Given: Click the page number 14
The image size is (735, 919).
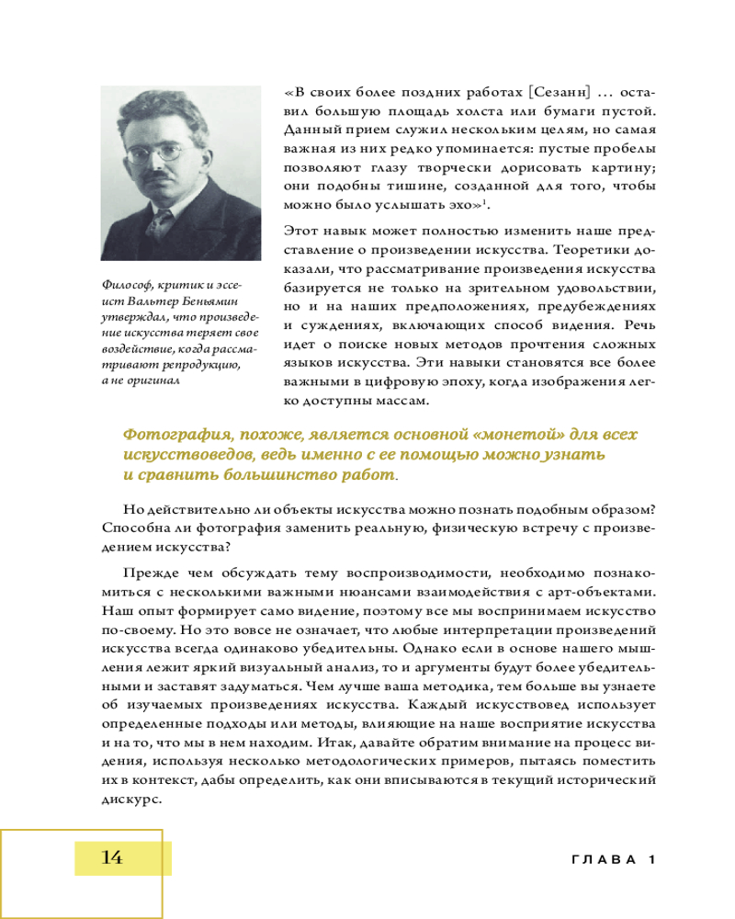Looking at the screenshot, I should pos(111,857).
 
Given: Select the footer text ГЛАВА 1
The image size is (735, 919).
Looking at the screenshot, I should pos(610,859).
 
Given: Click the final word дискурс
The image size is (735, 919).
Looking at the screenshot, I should pos(125,798).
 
